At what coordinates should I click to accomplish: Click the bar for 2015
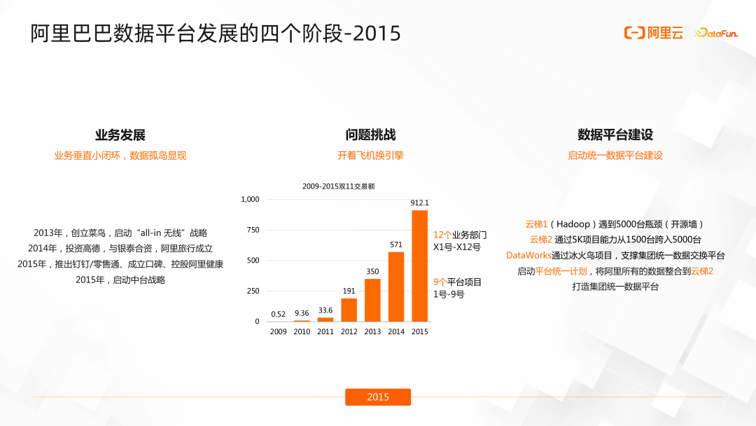[419, 266]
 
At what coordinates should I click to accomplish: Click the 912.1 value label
[419, 203]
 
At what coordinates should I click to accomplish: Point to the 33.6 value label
[325, 310]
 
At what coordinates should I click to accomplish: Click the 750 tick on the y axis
[252, 230]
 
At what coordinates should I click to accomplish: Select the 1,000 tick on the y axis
[250, 199]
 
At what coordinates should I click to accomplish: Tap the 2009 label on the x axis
[278, 331]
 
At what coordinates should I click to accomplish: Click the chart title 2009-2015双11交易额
[339, 186]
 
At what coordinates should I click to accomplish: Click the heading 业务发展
[120, 135]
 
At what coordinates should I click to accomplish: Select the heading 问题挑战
[370, 135]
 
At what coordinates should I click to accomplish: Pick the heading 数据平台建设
[615, 135]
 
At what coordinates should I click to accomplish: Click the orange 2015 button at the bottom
[378, 397]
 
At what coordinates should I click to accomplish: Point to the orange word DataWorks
[529, 255]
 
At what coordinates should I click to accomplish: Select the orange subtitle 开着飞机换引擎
[370, 156]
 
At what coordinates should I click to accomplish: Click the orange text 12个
[442, 235]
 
